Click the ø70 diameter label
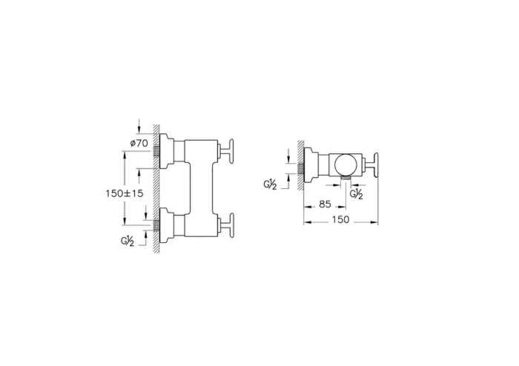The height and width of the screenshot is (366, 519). pyautogui.click(x=139, y=143)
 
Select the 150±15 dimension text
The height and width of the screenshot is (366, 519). pyautogui.click(x=125, y=193)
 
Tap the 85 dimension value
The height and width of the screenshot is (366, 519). pyautogui.click(x=325, y=204)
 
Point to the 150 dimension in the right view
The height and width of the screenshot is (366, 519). pyautogui.click(x=340, y=219)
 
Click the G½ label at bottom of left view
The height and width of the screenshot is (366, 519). pyautogui.click(x=127, y=242)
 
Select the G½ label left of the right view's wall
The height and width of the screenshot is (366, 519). pyautogui.click(x=270, y=184)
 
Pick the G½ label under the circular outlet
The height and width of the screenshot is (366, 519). pyautogui.click(x=357, y=194)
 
